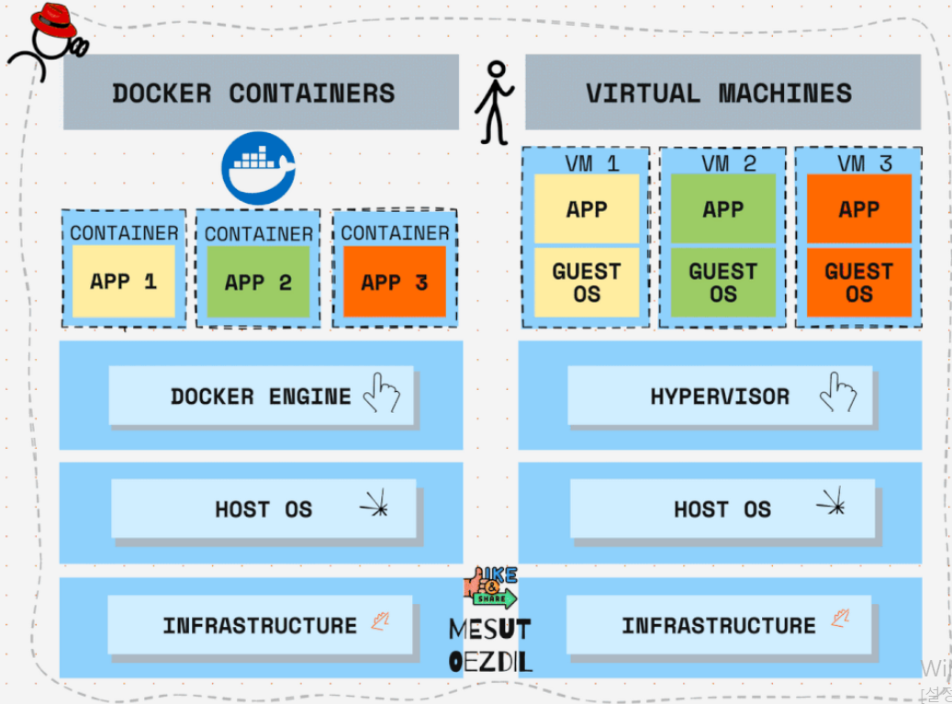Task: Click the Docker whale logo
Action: coord(258,167)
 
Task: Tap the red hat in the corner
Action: coord(54,21)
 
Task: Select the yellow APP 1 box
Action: coord(123,281)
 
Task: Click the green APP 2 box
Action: coord(258,282)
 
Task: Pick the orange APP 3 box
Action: coord(394,282)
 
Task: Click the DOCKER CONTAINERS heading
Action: coord(253,93)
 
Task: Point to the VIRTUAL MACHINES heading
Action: coord(719,93)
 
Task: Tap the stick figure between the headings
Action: coord(494,101)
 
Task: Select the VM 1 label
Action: coord(587,163)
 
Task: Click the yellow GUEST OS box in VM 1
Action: coord(587,283)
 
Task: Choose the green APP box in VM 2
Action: coord(722,209)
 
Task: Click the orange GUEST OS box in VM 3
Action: coord(858,283)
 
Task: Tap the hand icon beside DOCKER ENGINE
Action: coord(382,393)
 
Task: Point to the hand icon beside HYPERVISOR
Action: coord(838,393)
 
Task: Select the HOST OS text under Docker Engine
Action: coord(263,509)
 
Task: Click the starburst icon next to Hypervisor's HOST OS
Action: coord(832,503)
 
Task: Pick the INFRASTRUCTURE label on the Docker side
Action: coord(260,626)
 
